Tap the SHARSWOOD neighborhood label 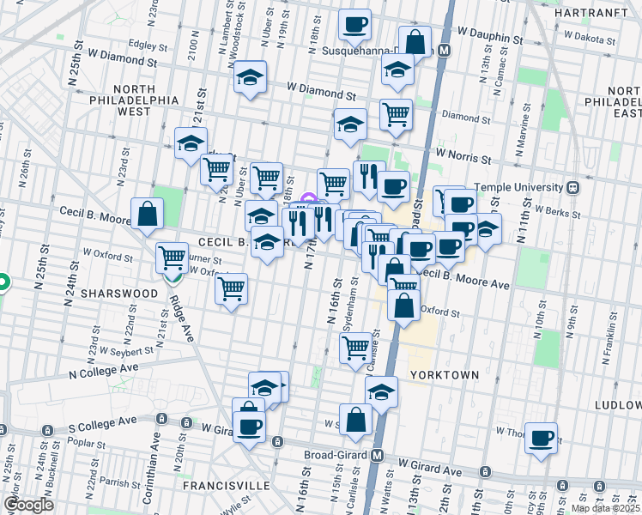[118, 293]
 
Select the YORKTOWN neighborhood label [442, 375]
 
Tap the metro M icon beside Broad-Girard [377, 455]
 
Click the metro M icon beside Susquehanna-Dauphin [444, 51]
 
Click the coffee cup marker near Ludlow [541, 439]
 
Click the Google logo [29, 504]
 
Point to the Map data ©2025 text [604, 508]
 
